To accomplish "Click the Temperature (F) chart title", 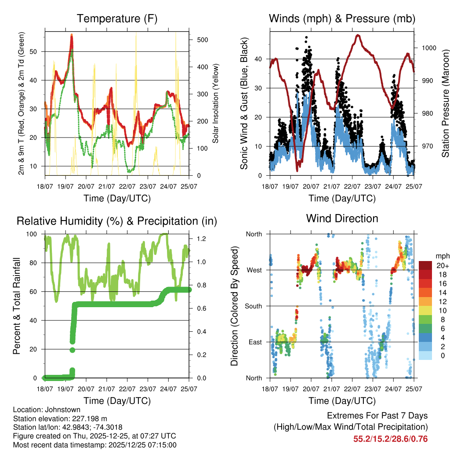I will pos(117,18).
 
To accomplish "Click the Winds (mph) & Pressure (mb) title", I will pos(342,18).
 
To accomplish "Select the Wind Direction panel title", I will pos(342,218).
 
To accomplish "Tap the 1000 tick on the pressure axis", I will pos(428,48).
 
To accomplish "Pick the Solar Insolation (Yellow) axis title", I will pos(216,103).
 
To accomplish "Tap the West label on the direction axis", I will pos(254,270).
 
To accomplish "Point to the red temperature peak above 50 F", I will pos(72,37).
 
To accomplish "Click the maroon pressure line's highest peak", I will pos(358,35).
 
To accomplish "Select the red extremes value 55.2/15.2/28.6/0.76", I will pos(390,439).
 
